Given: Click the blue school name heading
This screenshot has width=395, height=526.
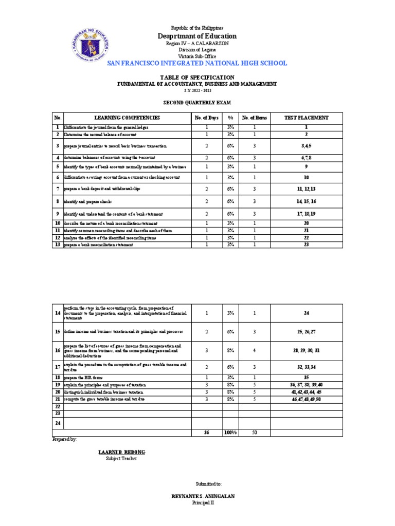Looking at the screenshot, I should [197, 63].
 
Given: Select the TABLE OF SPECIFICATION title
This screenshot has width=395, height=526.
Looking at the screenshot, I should [197, 77].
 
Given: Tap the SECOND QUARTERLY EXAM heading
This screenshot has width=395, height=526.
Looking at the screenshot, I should [197, 103].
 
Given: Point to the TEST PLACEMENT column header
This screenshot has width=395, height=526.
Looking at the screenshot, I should [306, 118].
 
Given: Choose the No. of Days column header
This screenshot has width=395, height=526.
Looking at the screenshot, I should [207, 118].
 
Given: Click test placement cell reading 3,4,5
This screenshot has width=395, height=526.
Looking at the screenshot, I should [306, 146].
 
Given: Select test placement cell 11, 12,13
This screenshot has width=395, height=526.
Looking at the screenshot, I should [306, 189].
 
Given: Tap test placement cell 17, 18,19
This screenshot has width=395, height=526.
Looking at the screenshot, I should [306, 213].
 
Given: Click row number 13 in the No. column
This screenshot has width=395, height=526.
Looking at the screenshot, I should [58, 245].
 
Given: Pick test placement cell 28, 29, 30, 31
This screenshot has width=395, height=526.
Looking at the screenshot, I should [306, 350].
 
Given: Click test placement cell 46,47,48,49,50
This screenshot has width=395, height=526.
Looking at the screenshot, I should [306, 399].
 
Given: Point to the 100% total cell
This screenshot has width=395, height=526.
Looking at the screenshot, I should [230, 433].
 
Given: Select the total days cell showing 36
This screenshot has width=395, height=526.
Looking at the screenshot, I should [207, 433].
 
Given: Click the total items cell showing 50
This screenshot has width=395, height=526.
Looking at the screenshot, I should [254, 433].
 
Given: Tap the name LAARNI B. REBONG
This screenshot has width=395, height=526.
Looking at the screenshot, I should [121, 452].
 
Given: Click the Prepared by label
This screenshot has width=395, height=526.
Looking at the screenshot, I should [64, 440].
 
